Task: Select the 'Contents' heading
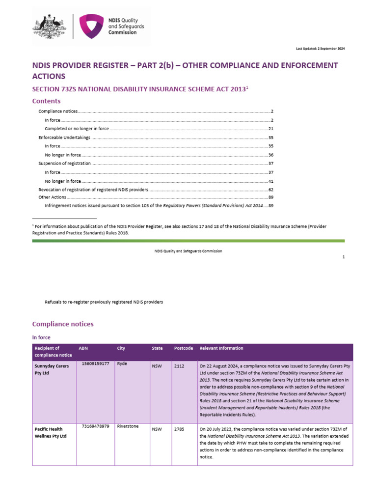46,101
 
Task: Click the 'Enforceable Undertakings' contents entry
64,138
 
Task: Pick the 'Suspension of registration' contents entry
64,163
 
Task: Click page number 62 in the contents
270,189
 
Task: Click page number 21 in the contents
270,129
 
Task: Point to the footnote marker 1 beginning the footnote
33,225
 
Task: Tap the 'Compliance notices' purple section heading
62,324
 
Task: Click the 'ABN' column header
83,348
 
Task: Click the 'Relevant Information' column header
221,348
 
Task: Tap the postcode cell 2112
179,366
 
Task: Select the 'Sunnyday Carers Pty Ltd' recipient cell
52,370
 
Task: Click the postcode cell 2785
179,429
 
